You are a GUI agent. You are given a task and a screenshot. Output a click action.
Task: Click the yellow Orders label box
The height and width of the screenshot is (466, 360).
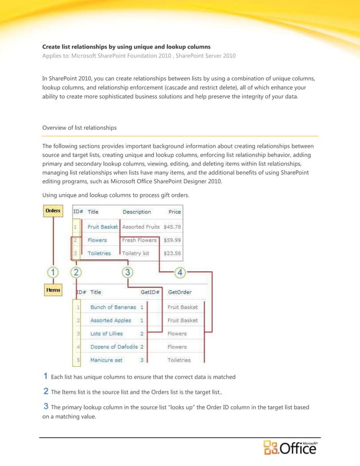(53, 211)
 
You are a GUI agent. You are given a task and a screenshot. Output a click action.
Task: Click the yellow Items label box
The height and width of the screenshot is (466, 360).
(53, 290)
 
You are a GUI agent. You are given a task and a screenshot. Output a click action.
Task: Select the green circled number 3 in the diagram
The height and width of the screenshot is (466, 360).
(128, 272)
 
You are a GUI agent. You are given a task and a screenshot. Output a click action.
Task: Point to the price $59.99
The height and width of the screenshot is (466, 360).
(172, 240)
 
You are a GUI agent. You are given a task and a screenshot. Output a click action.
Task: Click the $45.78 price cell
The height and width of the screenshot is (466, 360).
(172, 227)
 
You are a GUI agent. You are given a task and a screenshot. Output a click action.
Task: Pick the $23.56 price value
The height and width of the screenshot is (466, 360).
(172, 253)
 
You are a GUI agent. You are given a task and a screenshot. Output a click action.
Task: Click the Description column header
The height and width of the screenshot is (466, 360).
(137, 212)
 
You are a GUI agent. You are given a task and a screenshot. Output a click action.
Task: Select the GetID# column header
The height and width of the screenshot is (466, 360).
(151, 293)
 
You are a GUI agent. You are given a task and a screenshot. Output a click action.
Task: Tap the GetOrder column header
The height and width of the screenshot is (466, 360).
(179, 293)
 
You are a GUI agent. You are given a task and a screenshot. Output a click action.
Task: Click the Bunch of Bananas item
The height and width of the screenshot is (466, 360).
(113, 307)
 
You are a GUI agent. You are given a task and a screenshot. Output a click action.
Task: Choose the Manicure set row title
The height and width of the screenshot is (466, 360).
(106, 360)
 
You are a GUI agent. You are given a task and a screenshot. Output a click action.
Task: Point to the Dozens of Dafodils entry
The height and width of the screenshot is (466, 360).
(115, 347)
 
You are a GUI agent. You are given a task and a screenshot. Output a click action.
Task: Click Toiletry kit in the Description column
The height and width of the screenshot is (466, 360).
(136, 253)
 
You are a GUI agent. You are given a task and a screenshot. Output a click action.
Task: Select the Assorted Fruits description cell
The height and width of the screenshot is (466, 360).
(141, 227)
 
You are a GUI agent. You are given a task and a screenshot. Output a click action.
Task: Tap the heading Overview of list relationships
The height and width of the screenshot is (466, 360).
(80, 128)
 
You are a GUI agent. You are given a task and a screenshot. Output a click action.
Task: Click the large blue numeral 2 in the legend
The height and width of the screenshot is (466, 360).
(46, 390)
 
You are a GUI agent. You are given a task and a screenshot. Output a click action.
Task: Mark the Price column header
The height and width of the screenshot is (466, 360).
(175, 212)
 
